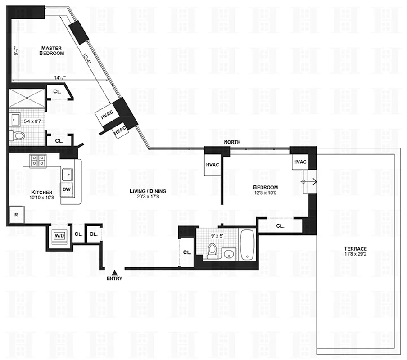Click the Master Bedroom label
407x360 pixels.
tap(52, 50)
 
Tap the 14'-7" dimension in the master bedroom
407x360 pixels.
tap(60, 77)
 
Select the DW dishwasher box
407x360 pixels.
tap(67, 189)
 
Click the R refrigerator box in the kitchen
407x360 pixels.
tap(16, 215)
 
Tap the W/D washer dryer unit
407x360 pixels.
tap(59, 235)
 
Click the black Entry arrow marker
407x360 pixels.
tap(114, 272)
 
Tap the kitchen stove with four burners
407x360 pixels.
tap(38, 160)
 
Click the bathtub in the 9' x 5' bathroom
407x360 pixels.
tap(247, 244)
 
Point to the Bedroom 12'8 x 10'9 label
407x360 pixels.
tap(265, 190)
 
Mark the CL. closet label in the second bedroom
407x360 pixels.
tap(280, 226)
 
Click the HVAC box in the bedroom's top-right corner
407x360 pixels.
tap(300, 162)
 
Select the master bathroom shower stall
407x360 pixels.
tap(27, 97)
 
